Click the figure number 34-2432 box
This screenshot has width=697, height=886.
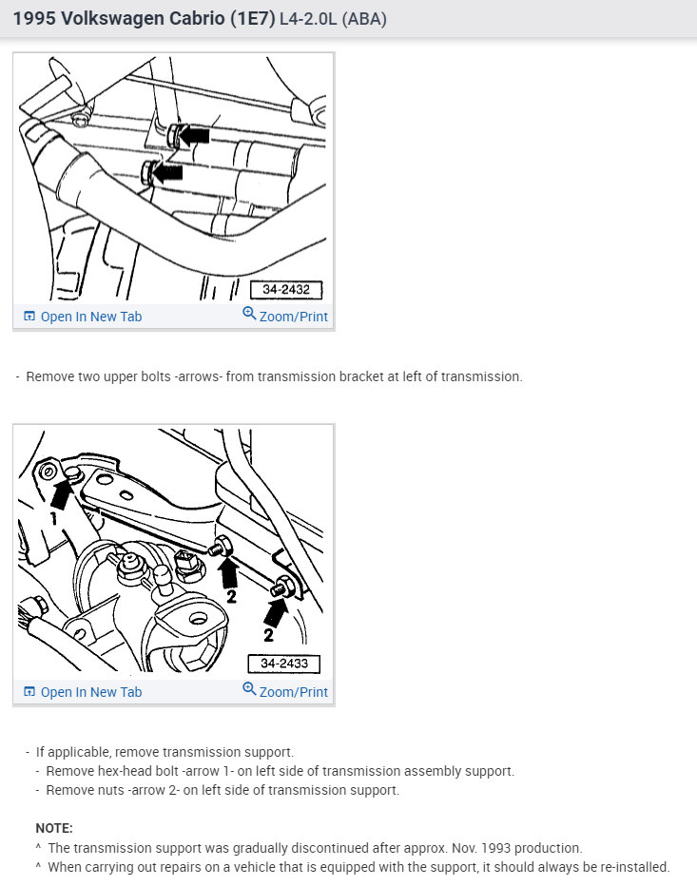(x=286, y=290)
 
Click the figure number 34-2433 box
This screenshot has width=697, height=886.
(x=283, y=664)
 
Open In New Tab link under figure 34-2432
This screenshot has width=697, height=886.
(x=83, y=317)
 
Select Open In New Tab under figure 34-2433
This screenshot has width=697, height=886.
(x=83, y=692)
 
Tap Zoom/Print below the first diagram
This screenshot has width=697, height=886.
(x=285, y=316)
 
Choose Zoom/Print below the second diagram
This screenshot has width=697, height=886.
(x=285, y=690)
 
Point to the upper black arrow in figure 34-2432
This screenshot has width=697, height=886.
(x=193, y=136)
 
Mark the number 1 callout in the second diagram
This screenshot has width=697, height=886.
(x=53, y=518)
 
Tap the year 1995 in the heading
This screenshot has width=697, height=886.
(x=34, y=19)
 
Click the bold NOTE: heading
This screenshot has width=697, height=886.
(x=54, y=828)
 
